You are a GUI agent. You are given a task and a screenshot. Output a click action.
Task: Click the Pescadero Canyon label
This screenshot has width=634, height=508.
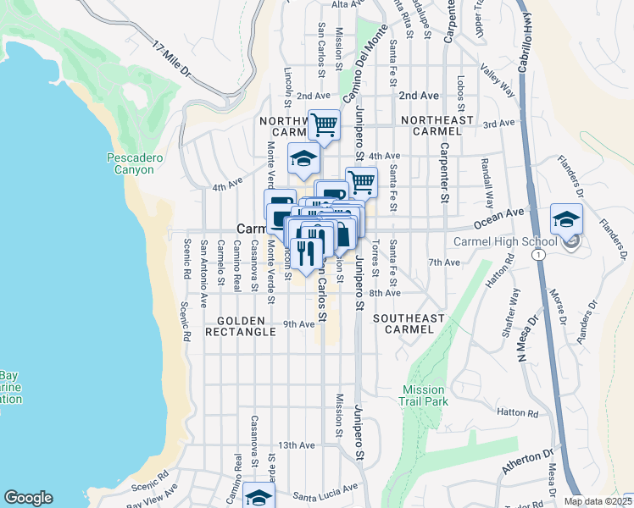click(x=131, y=163)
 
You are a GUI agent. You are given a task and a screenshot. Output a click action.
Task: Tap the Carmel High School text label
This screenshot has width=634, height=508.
click(x=505, y=241)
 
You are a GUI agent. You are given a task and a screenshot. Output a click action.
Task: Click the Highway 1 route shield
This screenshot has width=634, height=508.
click(x=538, y=254)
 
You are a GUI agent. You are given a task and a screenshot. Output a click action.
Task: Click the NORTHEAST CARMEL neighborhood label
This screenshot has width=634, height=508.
click(x=437, y=126)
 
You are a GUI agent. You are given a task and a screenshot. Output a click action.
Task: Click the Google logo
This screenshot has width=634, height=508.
click(x=28, y=498)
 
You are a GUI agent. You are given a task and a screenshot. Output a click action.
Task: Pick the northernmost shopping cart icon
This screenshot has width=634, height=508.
click(x=325, y=125)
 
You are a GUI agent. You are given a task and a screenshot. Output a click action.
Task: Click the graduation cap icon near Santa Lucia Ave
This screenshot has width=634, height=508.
click(x=259, y=497)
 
